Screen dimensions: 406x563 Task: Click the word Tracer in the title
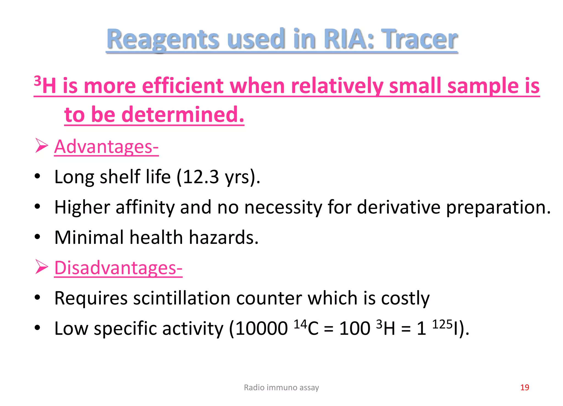[421, 39]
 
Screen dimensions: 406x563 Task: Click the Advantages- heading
[106, 147]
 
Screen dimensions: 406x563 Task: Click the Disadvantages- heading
[118, 268]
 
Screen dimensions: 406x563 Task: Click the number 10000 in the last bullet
[261, 328]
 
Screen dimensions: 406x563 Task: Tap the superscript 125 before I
[442, 324]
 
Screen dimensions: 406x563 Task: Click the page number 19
[525, 388]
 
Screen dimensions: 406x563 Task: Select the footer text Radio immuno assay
[281, 388]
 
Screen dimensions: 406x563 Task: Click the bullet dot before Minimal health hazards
[37, 237]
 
